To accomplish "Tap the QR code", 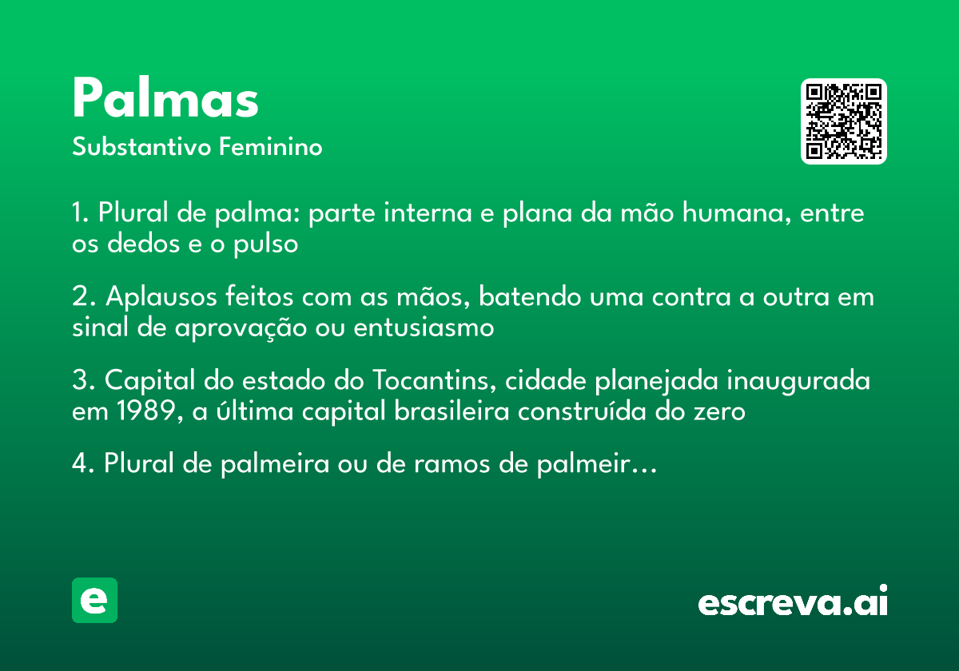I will [844, 121].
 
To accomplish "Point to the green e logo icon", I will [94, 600].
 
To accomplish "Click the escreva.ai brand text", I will [793, 602].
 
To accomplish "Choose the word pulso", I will [265, 244].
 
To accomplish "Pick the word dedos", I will [141, 244].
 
